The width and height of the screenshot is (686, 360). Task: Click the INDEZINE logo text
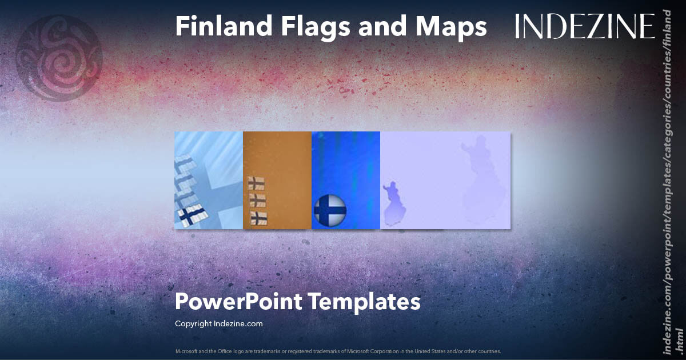pos(585,27)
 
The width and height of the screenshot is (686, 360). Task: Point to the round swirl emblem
pos(59,59)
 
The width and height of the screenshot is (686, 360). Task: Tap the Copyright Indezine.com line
pos(218,323)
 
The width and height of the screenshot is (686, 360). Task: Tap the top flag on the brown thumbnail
pos(256,183)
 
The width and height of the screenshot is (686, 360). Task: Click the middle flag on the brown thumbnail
pos(258,199)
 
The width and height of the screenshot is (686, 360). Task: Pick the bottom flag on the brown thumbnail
pos(259,217)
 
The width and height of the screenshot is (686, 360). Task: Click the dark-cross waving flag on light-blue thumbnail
pos(192,215)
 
